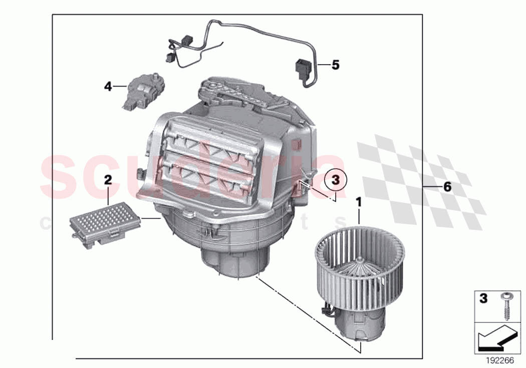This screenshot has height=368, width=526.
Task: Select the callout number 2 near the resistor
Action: (x=108, y=179)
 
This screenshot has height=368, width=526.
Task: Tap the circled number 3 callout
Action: (x=336, y=178)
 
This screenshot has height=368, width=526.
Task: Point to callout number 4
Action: (x=108, y=87)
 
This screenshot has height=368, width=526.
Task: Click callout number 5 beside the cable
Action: (x=335, y=65)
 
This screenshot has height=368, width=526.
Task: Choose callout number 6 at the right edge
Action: (x=447, y=186)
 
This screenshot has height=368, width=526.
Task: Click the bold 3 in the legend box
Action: (x=483, y=299)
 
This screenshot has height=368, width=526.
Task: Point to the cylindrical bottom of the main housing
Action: (x=231, y=260)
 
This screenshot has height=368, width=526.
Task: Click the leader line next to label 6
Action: (x=431, y=186)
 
